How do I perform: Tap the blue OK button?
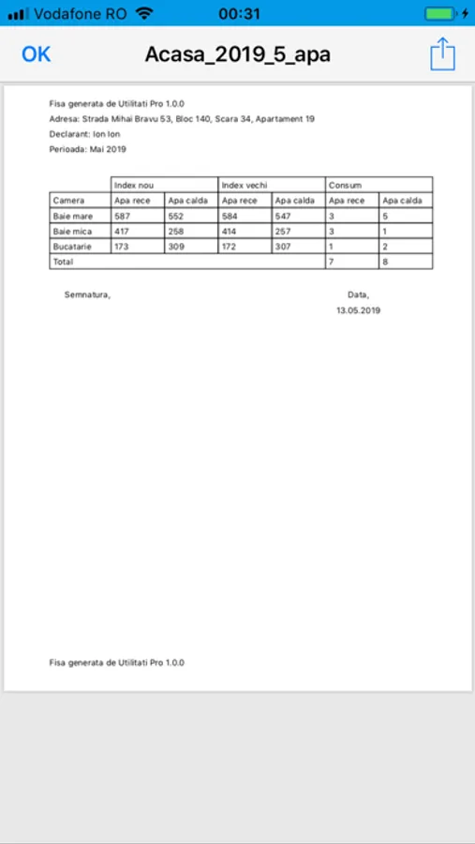coord(36,54)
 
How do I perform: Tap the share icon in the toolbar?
coord(442,53)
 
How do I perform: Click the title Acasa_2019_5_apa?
coord(237,54)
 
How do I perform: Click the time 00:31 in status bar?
coord(239,14)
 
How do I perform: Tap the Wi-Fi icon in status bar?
coord(143,14)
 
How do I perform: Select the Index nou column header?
coord(133,185)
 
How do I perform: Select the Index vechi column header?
coord(245,185)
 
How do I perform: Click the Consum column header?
coord(345,185)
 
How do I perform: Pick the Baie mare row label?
coord(73,216)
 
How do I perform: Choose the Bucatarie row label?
coord(73,246)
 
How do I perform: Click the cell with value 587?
coord(122,216)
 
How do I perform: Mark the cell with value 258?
coord(176,231)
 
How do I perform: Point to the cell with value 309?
coord(176,246)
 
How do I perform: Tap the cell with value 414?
coord(230,231)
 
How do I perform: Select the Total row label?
coord(64,262)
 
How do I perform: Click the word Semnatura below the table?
coord(87,294)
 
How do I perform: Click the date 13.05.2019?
coord(358,309)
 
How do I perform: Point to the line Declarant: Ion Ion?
coord(84,134)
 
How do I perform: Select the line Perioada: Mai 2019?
coord(87,149)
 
